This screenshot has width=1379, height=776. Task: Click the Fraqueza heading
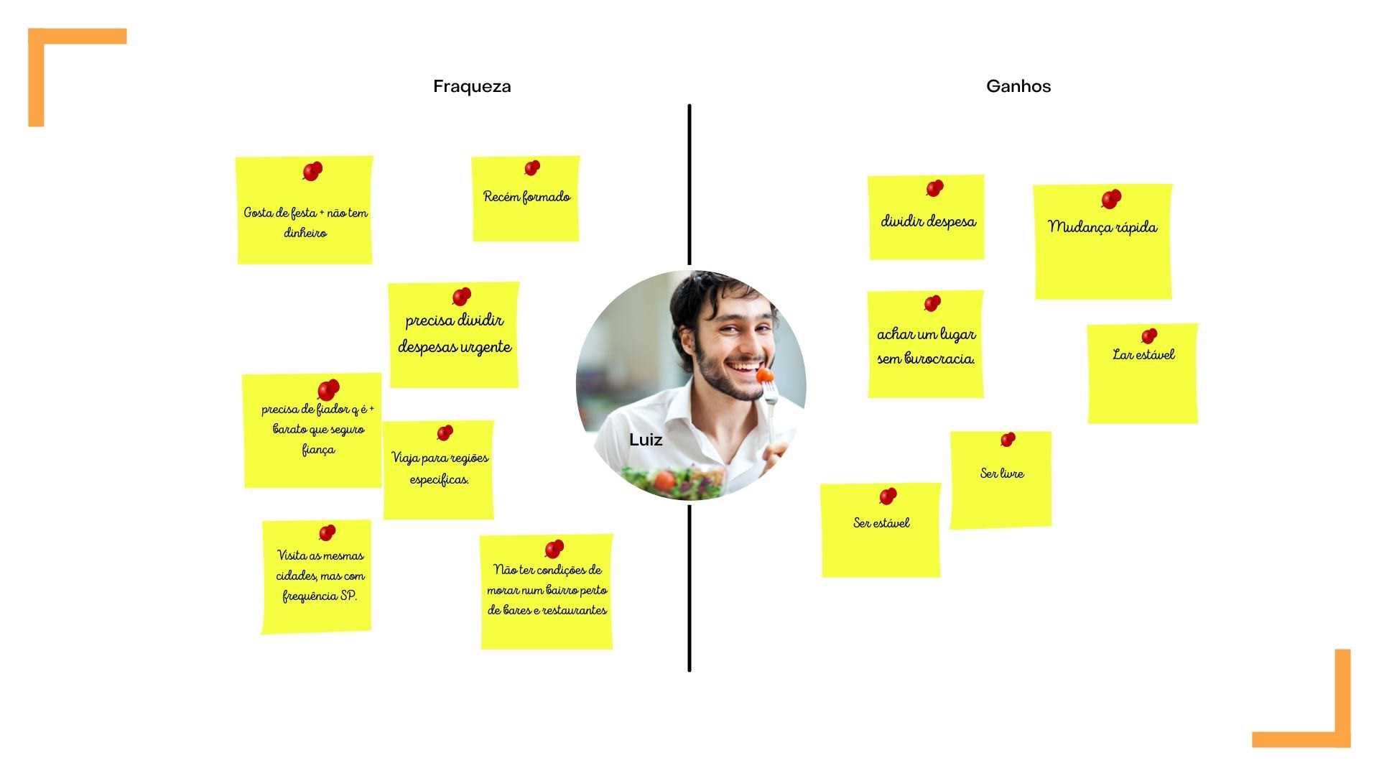(472, 86)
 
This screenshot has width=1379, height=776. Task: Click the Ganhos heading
(1018, 86)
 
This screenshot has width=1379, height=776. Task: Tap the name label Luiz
(645, 440)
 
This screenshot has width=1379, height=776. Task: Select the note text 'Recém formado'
(526, 197)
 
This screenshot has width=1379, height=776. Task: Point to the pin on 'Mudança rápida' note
(1110, 199)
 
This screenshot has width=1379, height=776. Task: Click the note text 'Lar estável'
(1143, 354)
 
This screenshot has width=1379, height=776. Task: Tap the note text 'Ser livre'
(1002, 473)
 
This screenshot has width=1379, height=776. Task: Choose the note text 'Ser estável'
(881, 523)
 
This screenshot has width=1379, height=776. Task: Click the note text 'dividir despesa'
(928, 221)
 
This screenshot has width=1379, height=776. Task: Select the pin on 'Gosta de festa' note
(312, 172)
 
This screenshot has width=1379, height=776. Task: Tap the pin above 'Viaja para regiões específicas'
(445, 433)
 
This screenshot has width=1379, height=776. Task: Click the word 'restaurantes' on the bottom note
(575, 611)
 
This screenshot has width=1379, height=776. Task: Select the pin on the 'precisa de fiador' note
(328, 389)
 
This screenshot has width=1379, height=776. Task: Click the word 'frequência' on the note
(310, 596)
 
